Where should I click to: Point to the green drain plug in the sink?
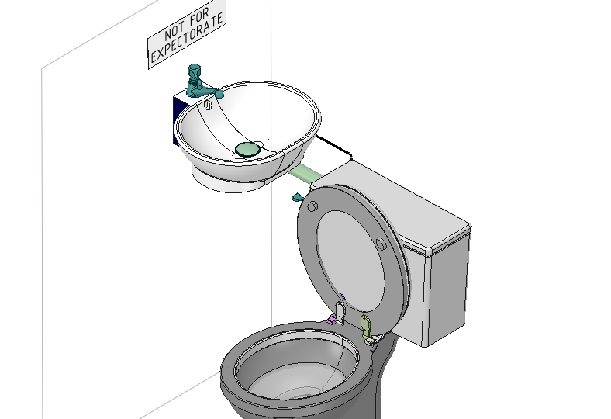(247, 149)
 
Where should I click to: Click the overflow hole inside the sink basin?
(208, 105)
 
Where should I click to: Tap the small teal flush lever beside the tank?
(298, 198)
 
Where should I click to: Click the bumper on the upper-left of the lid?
(312, 206)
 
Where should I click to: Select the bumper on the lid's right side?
(381, 244)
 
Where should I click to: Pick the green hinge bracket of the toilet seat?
(366, 326)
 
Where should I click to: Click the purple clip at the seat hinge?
(331, 320)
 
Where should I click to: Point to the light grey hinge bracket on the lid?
(340, 312)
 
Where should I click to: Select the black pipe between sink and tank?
(334, 147)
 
